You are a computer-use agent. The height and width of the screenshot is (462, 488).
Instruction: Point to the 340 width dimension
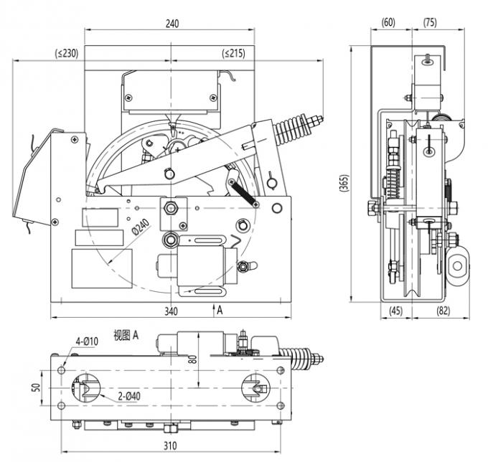click(x=171, y=311)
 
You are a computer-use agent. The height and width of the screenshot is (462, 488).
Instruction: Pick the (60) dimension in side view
click(x=388, y=23)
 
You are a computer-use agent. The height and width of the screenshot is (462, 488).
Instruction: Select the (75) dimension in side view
click(x=428, y=23)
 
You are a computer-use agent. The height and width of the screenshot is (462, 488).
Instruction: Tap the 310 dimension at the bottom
click(x=170, y=445)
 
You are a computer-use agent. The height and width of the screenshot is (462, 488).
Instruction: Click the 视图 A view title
click(x=126, y=334)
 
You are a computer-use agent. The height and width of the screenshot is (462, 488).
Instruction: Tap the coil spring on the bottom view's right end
click(x=301, y=357)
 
